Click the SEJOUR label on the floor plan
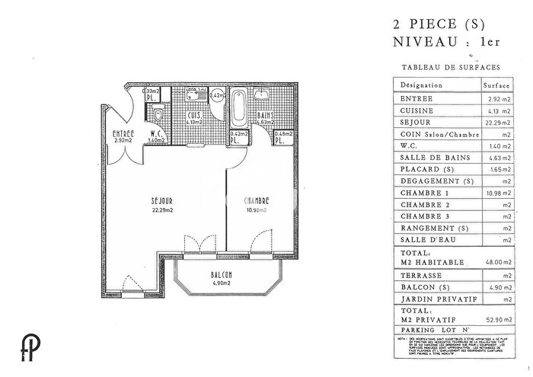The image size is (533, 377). click(161, 202)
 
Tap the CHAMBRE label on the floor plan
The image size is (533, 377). click(256, 201)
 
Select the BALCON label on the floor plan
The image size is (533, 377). click(222, 275)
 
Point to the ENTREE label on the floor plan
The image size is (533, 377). click(123, 133)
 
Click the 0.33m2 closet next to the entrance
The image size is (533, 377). click(152, 95)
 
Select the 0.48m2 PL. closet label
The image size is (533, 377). click(280, 139)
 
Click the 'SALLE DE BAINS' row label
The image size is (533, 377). click(428, 157)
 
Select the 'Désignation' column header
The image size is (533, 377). click(420, 86)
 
